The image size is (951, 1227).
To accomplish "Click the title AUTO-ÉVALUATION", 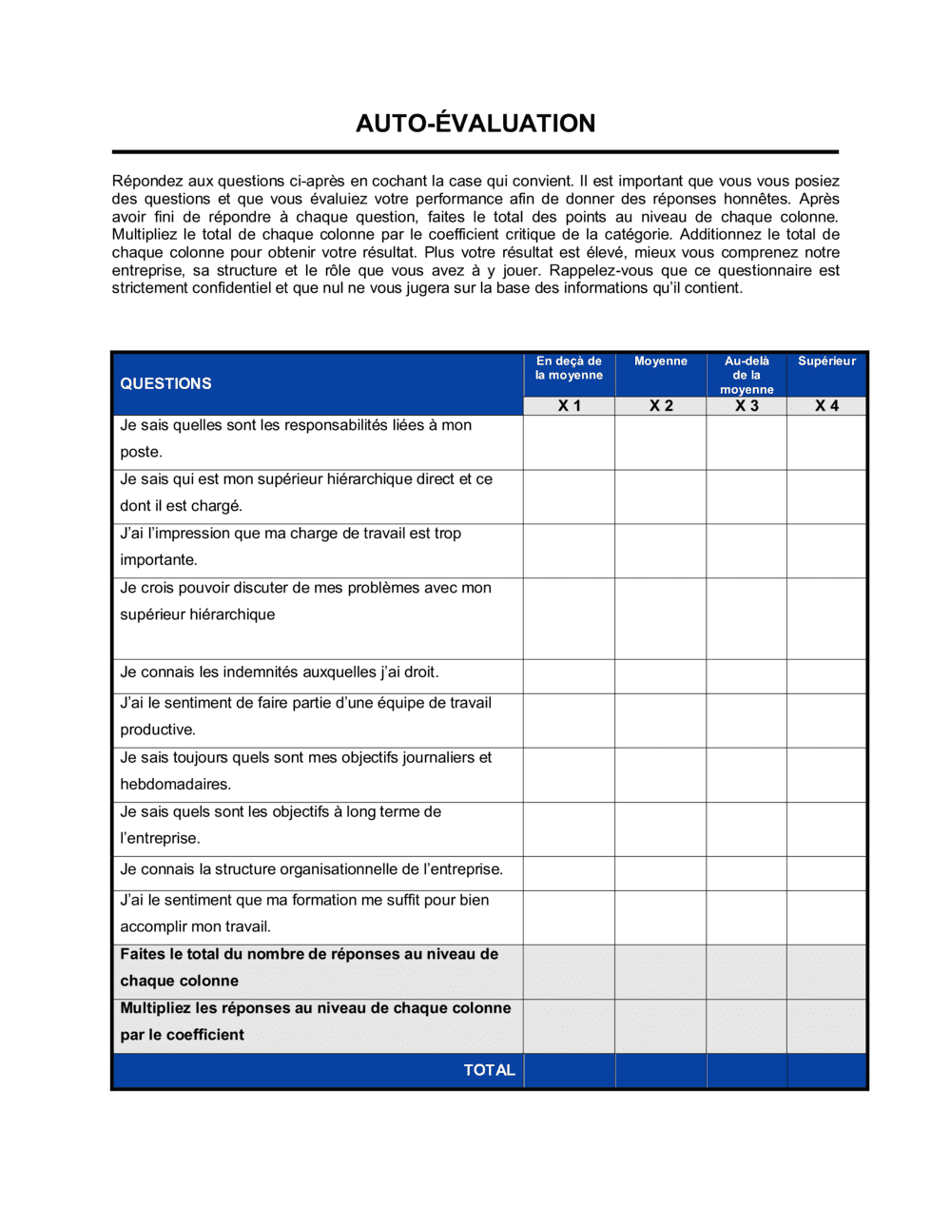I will (475, 124).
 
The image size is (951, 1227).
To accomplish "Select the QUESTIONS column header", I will (165, 383).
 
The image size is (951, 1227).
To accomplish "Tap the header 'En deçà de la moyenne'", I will (569, 368).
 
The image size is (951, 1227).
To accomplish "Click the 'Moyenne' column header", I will (660, 361).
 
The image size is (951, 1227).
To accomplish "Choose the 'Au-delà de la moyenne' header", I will (747, 375).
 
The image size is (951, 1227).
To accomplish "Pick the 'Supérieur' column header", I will (826, 361).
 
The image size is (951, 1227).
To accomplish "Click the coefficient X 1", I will (569, 406).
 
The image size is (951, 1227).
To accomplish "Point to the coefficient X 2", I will (661, 406).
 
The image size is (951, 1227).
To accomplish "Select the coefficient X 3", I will (747, 406).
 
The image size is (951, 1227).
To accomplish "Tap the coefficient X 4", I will (826, 406).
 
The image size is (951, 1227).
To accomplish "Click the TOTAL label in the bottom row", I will (489, 1070).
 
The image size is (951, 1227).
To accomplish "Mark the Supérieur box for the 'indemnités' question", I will (826, 676).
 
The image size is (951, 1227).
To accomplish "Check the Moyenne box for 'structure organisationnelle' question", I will (661, 873).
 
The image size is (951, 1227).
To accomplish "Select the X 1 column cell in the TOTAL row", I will (569, 1070).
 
